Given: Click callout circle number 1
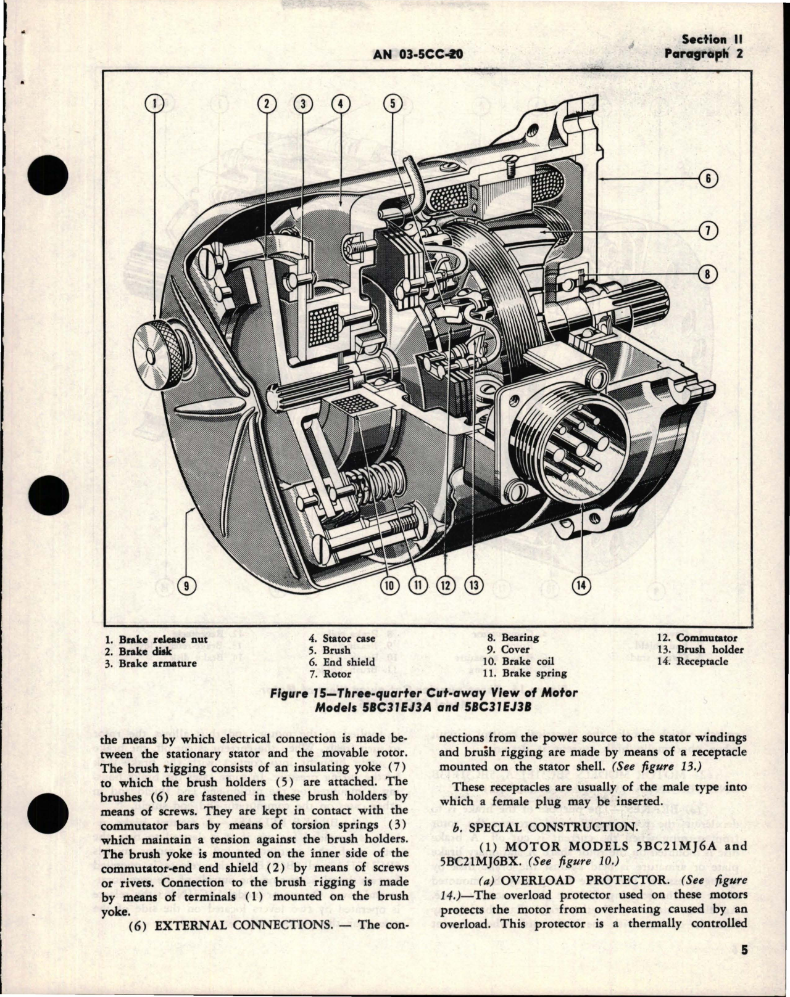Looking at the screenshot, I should (x=154, y=104).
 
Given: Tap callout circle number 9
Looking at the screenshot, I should (x=183, y=586).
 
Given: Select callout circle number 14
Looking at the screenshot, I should (x=581, y=586).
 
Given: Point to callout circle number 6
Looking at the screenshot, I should (x=708, y=179).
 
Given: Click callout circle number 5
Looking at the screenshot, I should (x=392, y=104).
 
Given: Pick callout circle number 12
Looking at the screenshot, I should (x=444, y=586).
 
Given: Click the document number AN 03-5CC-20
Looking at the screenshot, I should (x=418, y=54).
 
